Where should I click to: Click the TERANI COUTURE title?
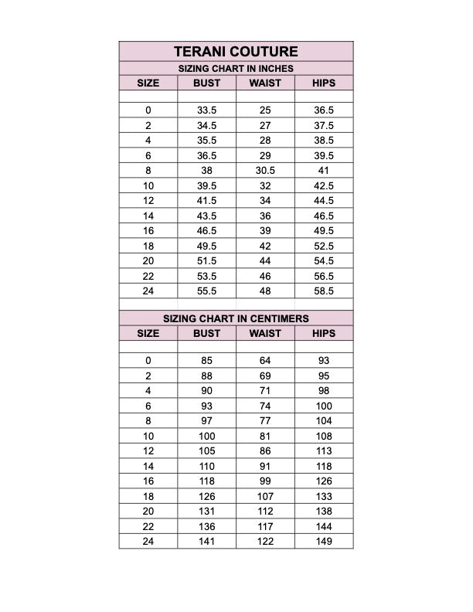pos(236,52)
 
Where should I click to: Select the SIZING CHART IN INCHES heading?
pos(236,69)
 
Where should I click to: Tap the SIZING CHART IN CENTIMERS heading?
pos(236,318)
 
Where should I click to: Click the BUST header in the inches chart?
pos(206,83)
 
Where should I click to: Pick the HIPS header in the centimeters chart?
pos(324,333)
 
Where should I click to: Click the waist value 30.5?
pos(265,171)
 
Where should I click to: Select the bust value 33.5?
pos(206,110)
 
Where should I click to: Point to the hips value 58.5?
pos(324,291)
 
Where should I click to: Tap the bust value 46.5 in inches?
pos(206,231)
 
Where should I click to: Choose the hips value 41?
pos(324,171)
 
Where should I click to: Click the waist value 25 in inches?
pos(265,110)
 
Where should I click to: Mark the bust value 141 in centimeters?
pos(206,542)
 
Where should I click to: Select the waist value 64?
pos(265,361)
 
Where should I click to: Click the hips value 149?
pos(324,542)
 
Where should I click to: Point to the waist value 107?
pos(265,496)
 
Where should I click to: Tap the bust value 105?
pos(206,451)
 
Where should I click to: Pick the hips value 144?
pos(324,526)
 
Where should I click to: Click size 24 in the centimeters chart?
pos(148,542)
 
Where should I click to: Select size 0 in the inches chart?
pos(148,110)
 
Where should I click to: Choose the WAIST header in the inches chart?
pos(265,83)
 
